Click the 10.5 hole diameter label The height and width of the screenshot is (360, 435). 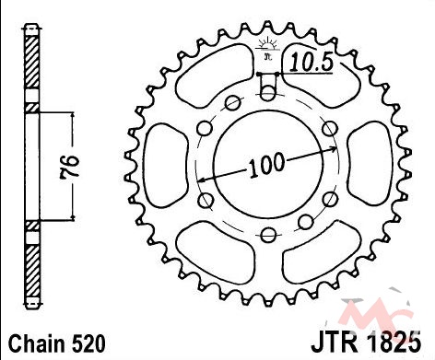[312, 62]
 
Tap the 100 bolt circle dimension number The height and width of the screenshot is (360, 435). [266, 166]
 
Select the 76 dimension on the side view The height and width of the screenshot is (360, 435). [68, 167]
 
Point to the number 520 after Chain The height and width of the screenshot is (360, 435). [89, 343]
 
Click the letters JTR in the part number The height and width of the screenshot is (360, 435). [335, 342]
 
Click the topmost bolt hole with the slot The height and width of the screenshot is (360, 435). [268, 92]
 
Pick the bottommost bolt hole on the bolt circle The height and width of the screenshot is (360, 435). [268, 235]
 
